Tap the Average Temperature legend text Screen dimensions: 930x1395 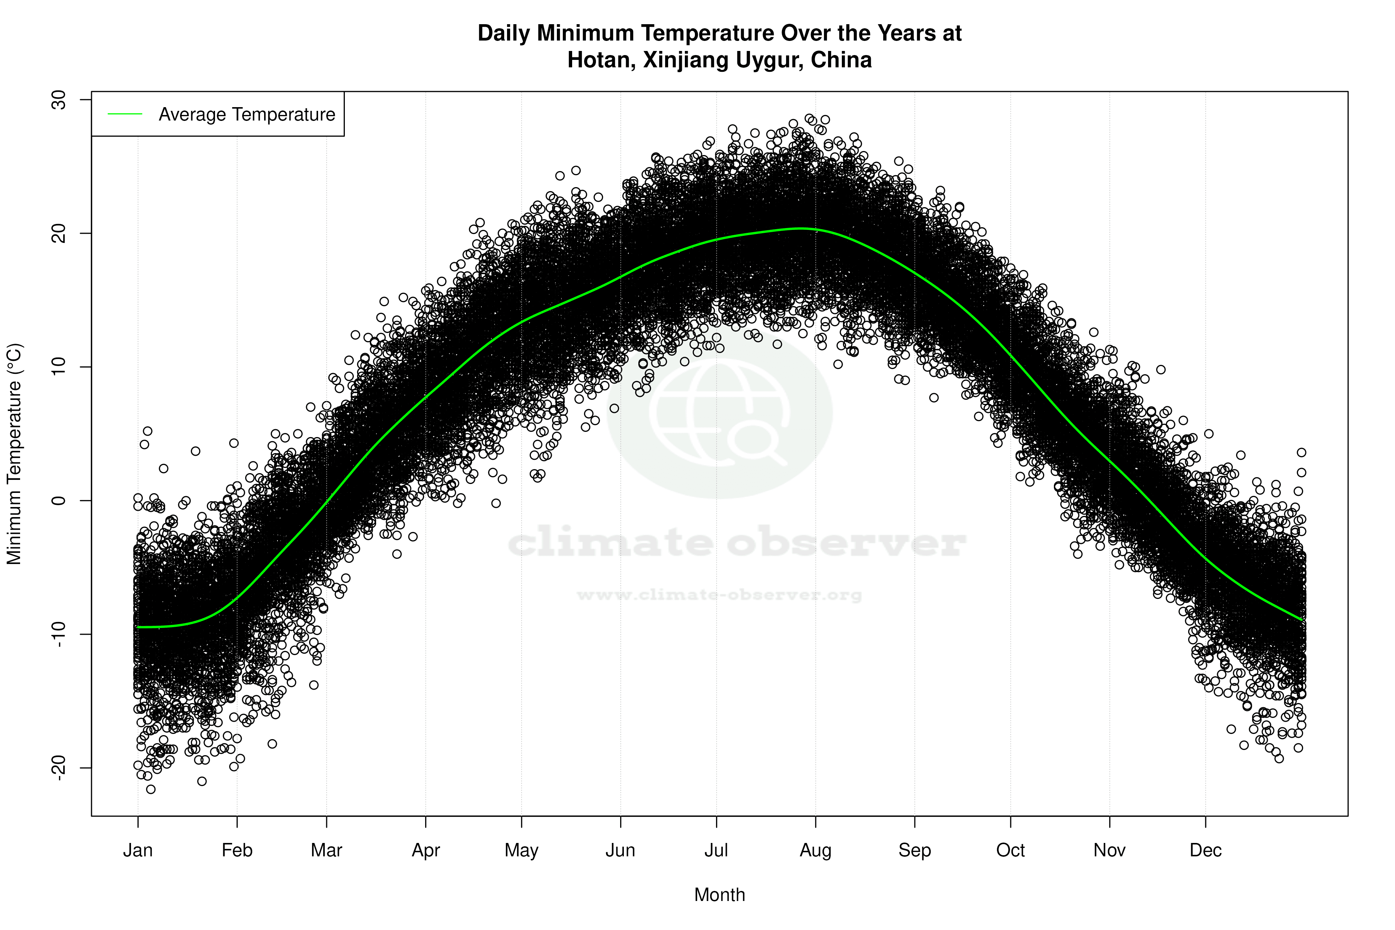tap(247, 115)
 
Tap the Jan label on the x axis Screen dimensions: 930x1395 tap(138, 850)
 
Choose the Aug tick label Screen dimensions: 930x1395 tap(815, 850)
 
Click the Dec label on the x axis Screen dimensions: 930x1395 tap(1205, 850)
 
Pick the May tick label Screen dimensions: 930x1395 tap(521, 850)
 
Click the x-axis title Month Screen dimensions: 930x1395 tap(719, 895)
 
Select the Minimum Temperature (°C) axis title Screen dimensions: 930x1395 tap(14, 454)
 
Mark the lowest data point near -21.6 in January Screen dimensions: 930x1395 tap(151, 789)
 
